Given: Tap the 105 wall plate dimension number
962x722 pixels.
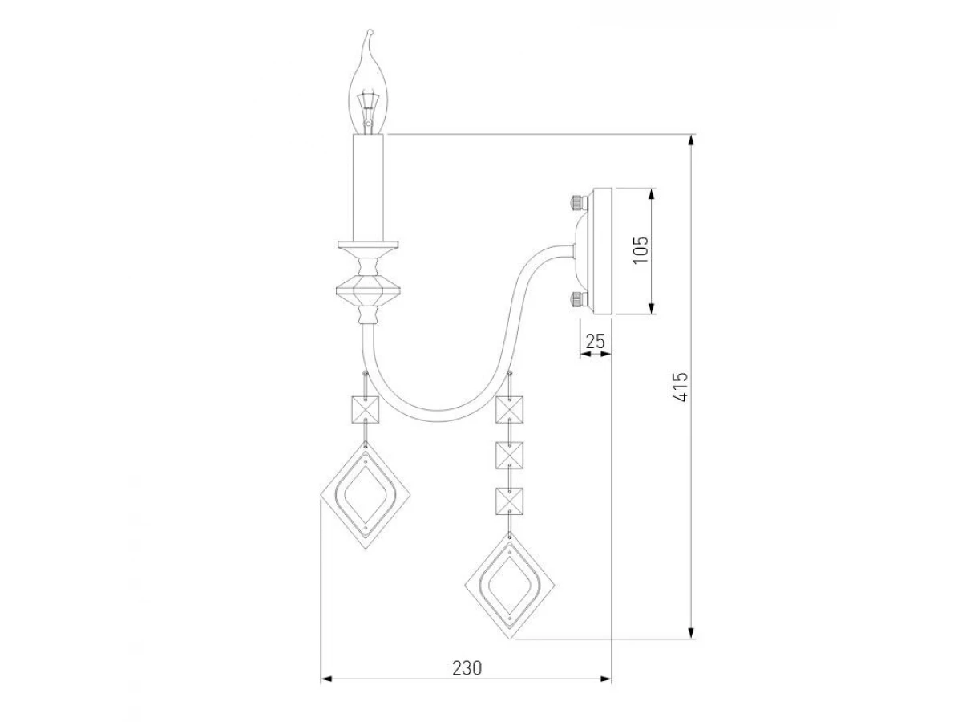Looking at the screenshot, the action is coord(641,249).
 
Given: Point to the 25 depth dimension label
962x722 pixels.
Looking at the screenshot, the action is coord(595,341).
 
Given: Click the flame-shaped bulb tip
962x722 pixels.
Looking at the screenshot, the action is coord(370,31).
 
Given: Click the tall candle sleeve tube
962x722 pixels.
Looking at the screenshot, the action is coord(368,187).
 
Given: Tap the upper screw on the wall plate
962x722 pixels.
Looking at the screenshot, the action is coord(578,202).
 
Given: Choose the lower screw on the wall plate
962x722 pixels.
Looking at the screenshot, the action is coord(578,300).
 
